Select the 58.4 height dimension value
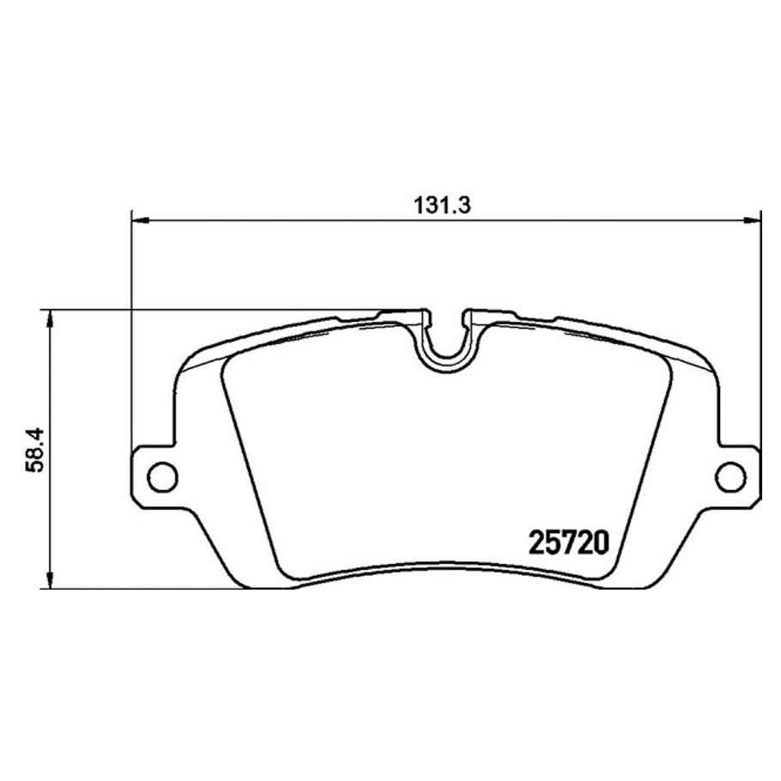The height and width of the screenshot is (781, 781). point(33,450)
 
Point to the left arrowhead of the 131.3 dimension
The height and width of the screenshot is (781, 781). point(140,222)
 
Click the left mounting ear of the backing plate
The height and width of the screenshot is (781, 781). point(154,475)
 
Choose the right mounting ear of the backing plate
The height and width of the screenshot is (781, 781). point(736,475)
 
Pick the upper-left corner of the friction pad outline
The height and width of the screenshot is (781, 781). point(227,359)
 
